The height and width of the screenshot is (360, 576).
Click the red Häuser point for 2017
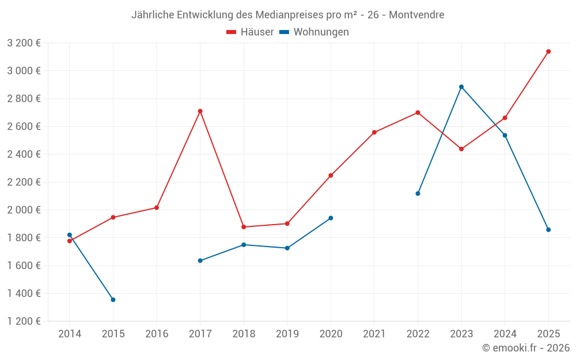(x=200, y=111)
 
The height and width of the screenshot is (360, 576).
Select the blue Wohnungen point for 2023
(x=461, y=87)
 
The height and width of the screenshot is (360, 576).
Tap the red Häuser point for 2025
(x=548, y=51)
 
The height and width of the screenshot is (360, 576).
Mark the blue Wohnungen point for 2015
(x=113, y=300)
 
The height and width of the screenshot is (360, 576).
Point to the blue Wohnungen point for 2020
(x=331, y=218)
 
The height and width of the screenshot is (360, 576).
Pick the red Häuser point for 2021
(x=374, y=132)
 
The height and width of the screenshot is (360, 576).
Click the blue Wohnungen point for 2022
(x=418, y=194)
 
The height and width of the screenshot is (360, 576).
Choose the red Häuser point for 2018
(x=244, y=227)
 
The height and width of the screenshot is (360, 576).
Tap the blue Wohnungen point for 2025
(x=548, y=230)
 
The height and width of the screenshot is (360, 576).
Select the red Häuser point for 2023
(x=461, y=149)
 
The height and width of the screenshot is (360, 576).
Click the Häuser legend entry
(x=250, y=32)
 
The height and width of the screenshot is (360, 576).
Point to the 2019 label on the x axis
(x=287, y=334)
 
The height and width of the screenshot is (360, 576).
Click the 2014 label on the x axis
(x=70, y=334)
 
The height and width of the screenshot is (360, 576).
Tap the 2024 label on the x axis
(x=505, y=334)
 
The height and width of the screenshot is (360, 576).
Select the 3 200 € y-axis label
(x=24, y=43)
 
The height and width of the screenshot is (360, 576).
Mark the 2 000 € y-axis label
(x=24, y=210)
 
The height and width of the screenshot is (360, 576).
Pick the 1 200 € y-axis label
(x=24, y=321)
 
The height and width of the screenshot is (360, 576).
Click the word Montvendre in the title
(x=416, y=15)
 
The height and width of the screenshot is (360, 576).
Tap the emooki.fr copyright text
(x=526, y=348)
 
